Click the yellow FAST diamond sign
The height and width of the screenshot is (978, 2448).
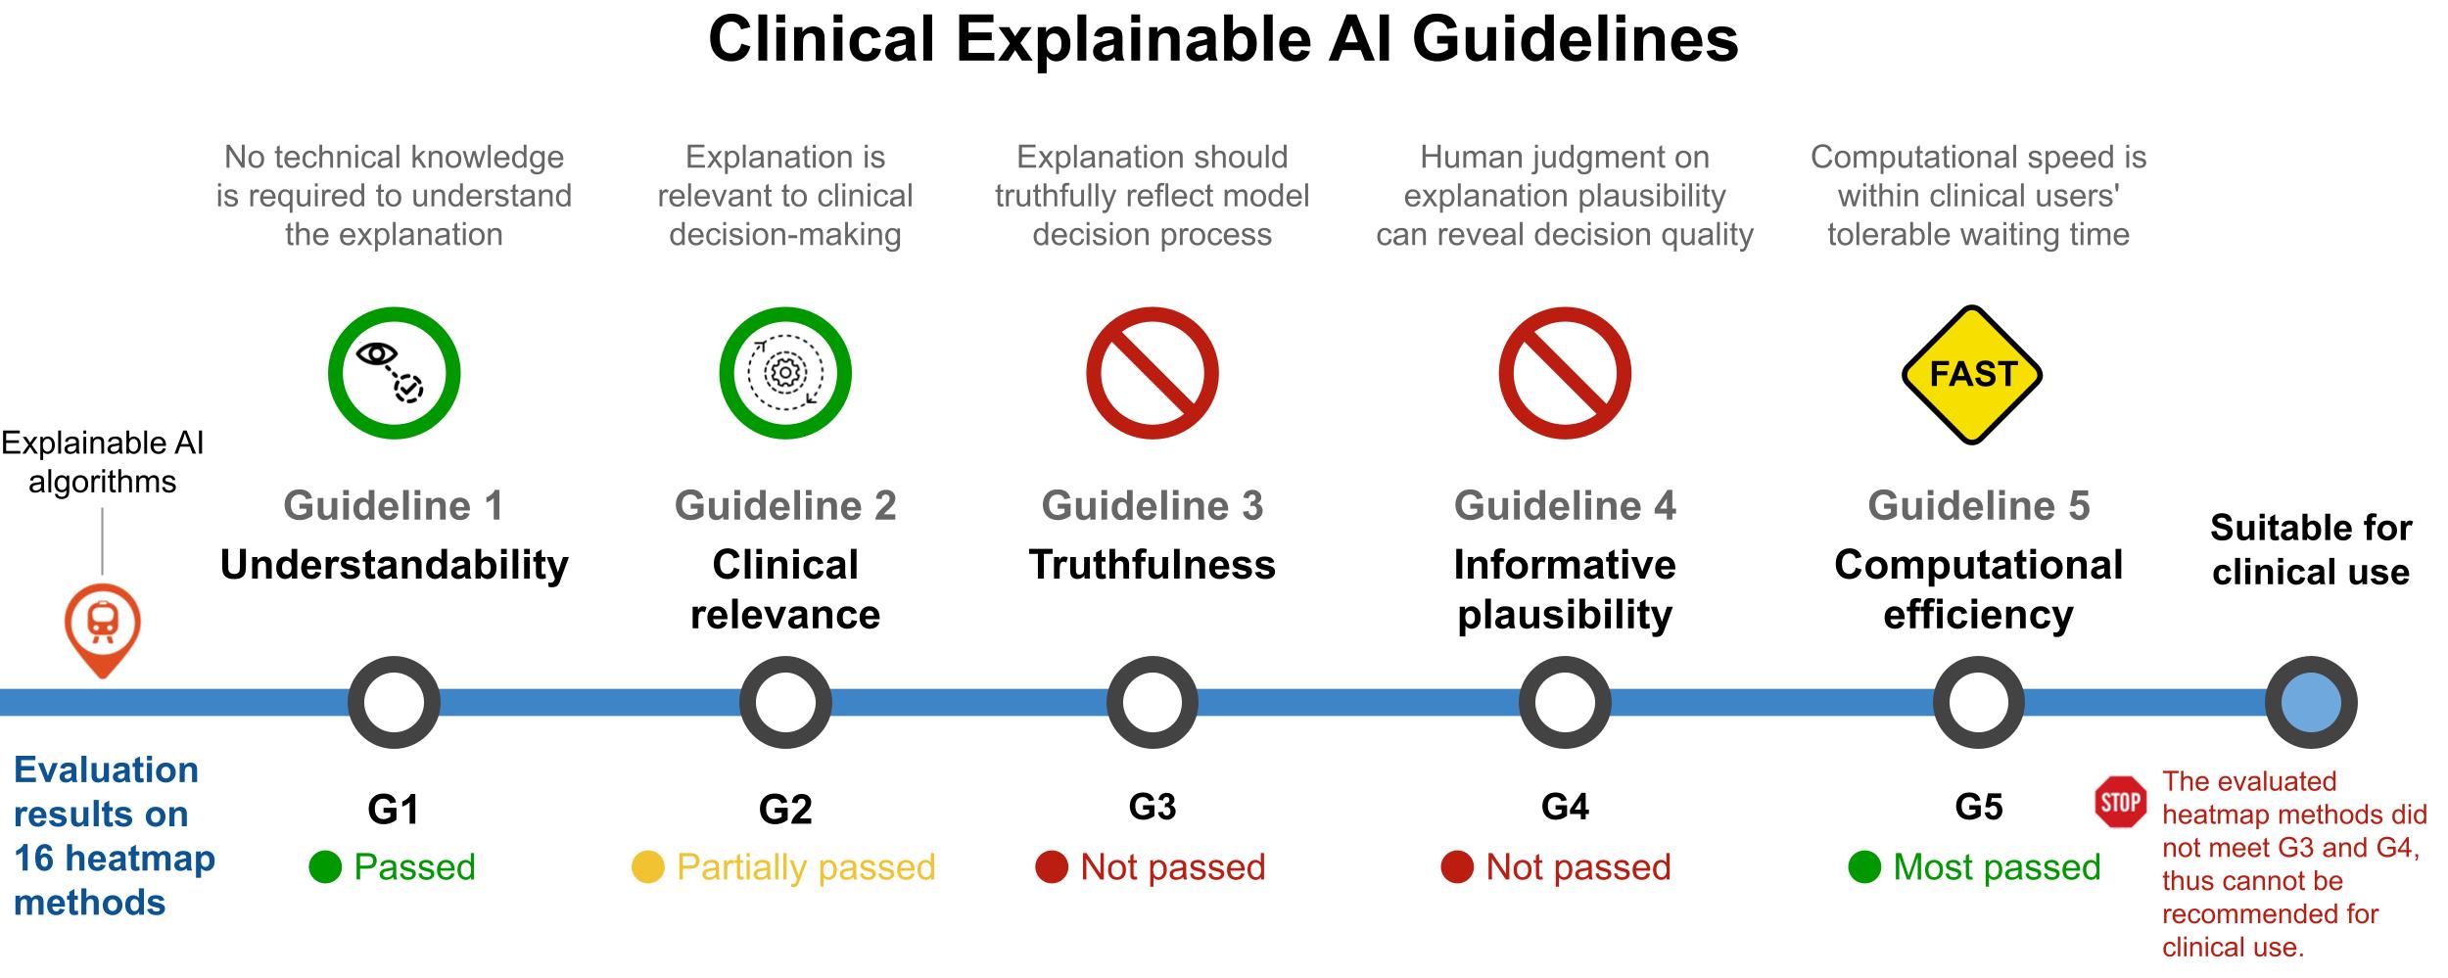1971,374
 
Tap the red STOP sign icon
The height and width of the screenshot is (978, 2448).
2120,803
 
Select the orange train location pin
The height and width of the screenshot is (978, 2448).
103,627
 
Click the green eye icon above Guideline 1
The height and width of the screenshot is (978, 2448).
394,373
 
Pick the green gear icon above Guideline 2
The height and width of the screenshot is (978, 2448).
785,373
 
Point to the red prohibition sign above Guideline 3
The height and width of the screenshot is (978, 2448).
1153,373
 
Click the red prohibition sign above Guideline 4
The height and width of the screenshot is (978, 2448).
1565,373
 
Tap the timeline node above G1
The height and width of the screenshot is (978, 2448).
394,702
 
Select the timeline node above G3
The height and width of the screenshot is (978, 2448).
1153,702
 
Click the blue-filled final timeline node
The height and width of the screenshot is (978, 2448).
2311,702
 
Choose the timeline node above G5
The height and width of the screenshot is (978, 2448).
1978,702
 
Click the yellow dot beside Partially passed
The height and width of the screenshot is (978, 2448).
647,867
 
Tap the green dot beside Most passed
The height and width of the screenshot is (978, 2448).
1864,867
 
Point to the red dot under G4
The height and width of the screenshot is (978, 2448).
1457,867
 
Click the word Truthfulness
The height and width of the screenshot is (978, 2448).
1153,565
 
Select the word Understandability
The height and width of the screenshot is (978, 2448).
394,565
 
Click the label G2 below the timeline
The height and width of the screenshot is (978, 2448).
785,809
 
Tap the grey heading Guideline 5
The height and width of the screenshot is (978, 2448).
1978,506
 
